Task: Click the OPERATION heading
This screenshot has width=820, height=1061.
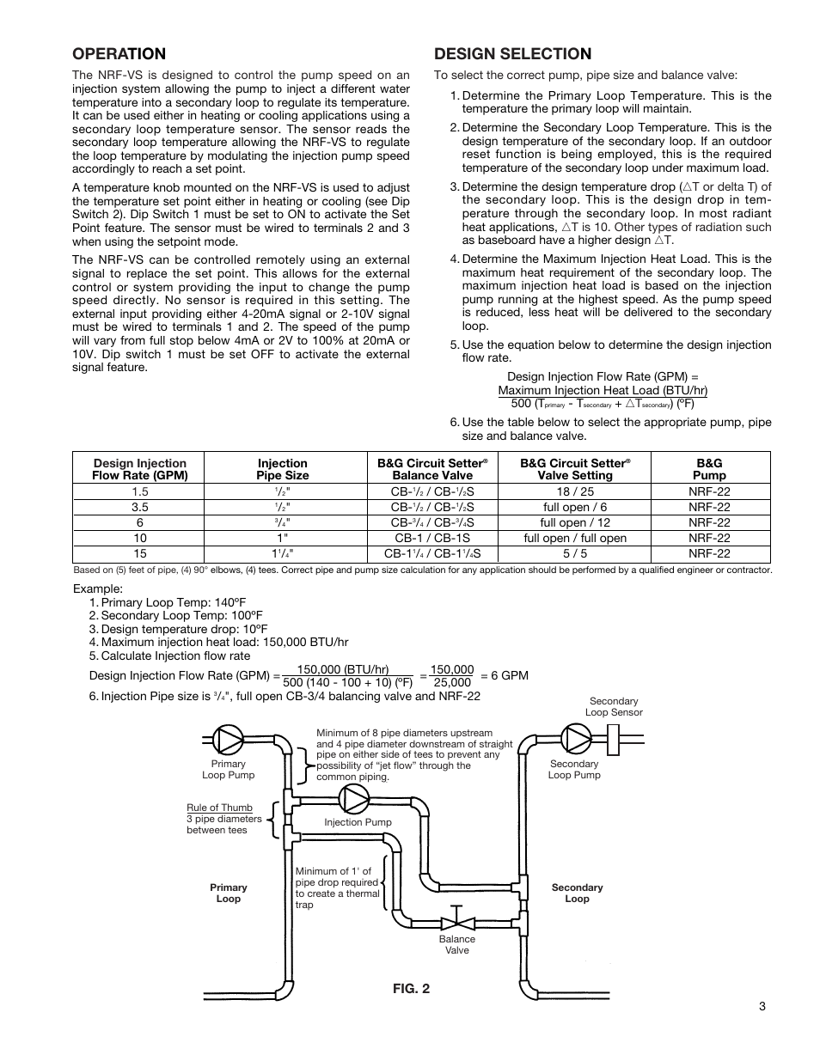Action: (119, 54)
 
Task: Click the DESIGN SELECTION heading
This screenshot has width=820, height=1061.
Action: (512, 54)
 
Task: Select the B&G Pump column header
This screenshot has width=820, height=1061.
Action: (709, 468)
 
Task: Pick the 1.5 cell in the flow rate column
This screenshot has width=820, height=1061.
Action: (140, 491)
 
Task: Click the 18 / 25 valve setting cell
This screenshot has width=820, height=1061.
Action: (575, 491)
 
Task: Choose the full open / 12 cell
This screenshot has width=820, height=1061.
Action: (575, 522)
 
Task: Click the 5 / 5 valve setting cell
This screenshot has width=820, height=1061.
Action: (575, 553)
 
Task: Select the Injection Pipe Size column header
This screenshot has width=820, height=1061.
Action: (282, 468)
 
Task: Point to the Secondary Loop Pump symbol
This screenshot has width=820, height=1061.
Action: (575, 738)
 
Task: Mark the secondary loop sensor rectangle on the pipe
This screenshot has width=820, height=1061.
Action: (615, 738)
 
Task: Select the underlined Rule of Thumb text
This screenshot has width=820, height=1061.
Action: (219, 808)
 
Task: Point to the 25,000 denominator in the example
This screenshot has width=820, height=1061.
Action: (451, 683)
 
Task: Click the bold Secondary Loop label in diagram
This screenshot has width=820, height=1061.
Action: (577, 893)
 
